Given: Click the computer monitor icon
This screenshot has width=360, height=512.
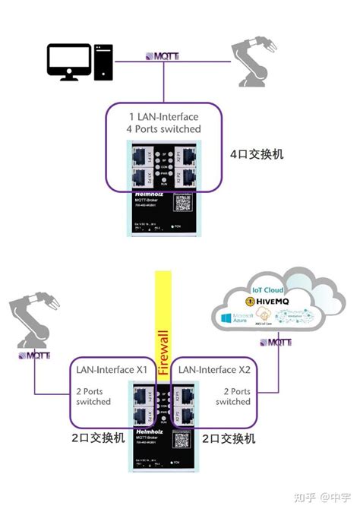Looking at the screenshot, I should click(x=68, y=62).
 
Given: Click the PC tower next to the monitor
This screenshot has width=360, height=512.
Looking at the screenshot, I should click(x=103, y=62).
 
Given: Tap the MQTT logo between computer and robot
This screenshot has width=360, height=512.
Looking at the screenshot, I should click(x=163, y=57).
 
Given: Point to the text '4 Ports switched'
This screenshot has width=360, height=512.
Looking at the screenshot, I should click(x=163, y=129).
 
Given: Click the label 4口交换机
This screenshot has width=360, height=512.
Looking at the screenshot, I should click(x=257, y=153).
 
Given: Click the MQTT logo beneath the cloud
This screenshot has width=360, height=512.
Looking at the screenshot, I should click(x=275, y=343).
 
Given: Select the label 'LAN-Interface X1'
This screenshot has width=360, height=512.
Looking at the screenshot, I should click(x=111, y=369).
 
